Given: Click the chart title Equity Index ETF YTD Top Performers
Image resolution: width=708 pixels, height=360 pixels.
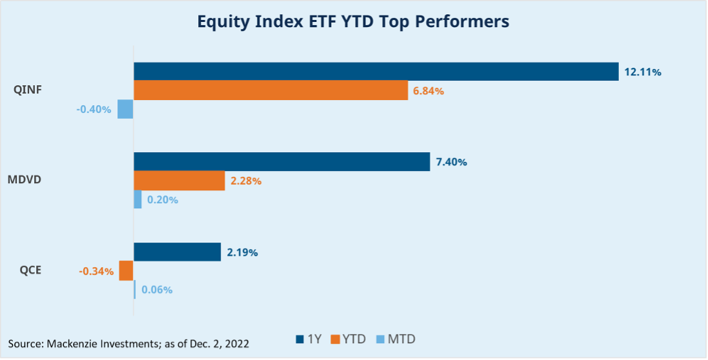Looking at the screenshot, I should (353, 21).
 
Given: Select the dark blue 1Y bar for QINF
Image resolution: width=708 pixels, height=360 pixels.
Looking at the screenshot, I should (376, 72).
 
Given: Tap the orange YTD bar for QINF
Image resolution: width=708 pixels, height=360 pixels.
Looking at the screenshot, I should (270, 90).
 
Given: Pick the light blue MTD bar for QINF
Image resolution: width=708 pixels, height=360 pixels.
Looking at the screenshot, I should (125, 109).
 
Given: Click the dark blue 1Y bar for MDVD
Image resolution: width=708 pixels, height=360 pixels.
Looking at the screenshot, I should (281, 162).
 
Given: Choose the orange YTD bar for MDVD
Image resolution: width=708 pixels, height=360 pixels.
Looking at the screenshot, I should (179, 181).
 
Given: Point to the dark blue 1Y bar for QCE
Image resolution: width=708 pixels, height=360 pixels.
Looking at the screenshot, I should (177, 252).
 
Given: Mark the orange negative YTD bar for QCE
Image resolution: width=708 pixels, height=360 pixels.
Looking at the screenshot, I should (126, 271).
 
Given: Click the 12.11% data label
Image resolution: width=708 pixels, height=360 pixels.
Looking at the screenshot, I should (643, 72).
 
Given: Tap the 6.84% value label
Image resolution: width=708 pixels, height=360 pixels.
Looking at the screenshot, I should (429, 91).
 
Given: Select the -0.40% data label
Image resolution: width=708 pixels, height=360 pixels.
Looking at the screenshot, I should (94, 110).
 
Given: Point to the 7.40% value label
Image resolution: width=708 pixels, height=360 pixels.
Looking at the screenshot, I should (452, 163).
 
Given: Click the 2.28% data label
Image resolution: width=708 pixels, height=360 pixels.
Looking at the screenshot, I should (246, 181).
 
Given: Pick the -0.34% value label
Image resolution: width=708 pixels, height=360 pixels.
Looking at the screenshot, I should (96, 272).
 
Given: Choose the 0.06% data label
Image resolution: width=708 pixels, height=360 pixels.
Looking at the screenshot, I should (157, 290).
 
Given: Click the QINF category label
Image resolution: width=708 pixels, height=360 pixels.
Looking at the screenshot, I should (28, 90).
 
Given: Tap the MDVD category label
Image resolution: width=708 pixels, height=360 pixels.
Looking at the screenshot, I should (26, 180).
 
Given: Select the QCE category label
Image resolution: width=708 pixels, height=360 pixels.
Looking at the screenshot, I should (30, 270).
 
